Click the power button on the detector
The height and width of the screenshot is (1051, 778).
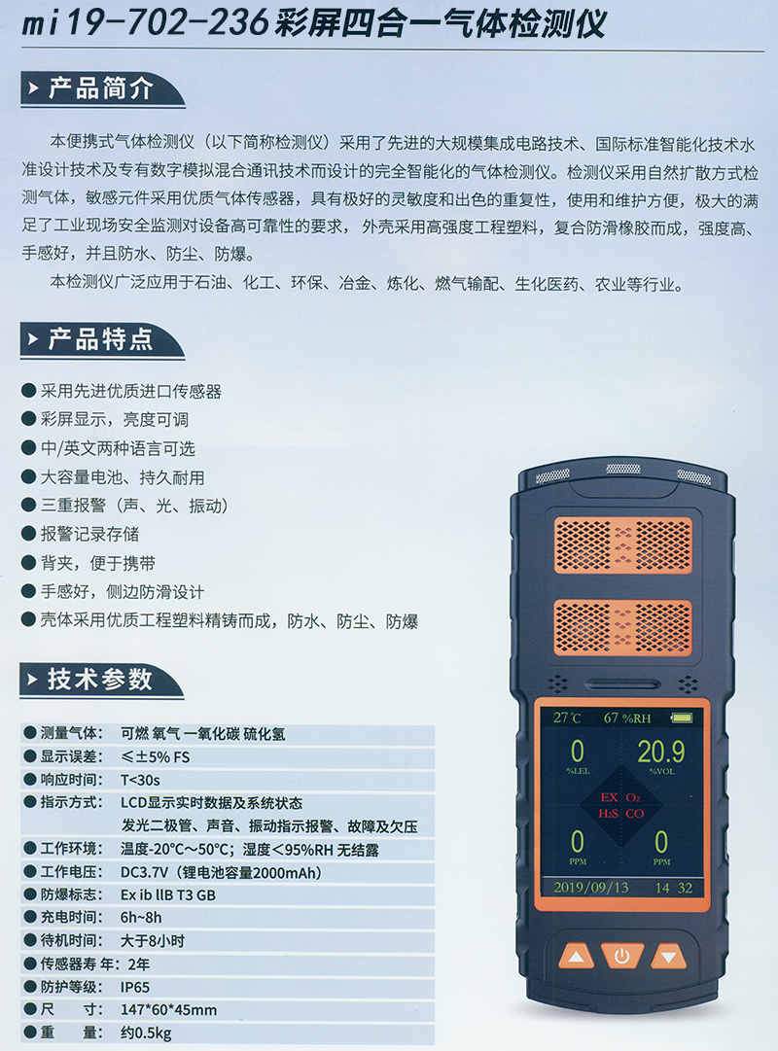[621, 955]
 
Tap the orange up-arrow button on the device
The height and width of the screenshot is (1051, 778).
[576, 957]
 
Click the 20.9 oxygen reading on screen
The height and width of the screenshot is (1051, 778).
[660, 752]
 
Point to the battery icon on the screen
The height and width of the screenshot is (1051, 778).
[682, 718]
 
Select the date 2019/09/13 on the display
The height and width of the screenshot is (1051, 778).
[591, 888]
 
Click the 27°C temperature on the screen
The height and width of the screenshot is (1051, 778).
[567, 718]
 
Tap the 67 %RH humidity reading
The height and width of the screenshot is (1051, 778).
[627, 718]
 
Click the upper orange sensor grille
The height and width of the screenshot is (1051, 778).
[623, 544]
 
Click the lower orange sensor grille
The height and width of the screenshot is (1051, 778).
[623, 627]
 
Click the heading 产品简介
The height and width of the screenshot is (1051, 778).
[100, 88]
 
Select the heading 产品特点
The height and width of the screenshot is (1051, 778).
[100, 339]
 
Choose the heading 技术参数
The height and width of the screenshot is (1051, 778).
[100, 679]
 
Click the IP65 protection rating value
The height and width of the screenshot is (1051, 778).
[135, 987]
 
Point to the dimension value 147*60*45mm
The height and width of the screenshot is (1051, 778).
[168, 1009]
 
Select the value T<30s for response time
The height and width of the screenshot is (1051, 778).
[140, 780]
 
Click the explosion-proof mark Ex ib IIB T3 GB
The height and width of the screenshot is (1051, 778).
[167, 894]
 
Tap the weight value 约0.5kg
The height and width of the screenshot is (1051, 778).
[146, 1033]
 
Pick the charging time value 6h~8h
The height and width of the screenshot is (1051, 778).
[141, 917]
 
